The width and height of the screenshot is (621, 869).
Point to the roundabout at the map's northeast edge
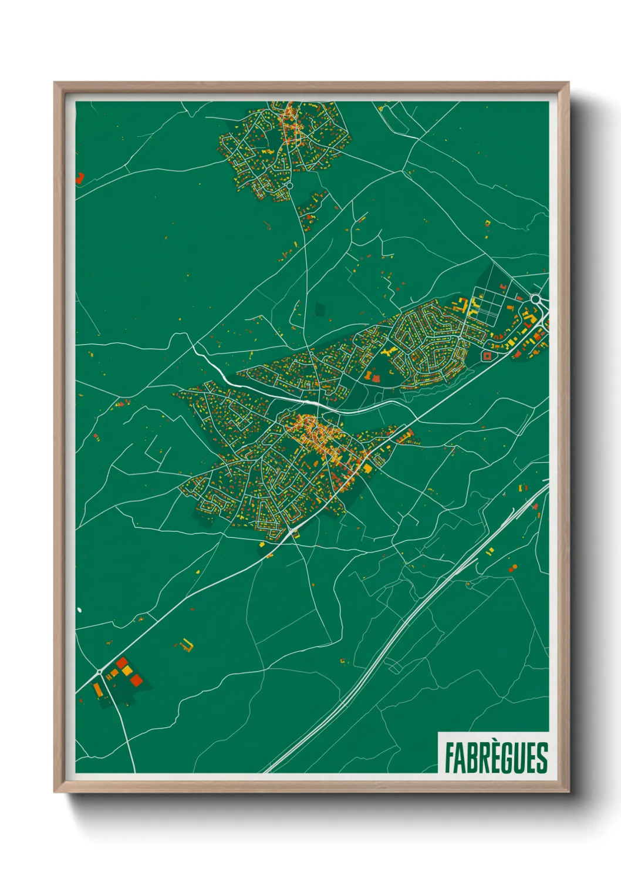pyautogui.click(x=535, y=299)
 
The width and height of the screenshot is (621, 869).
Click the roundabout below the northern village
pyautogui.click(x=289, y=185)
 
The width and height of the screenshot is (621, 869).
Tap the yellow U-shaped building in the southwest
pyautogui.click(x=187, y=645)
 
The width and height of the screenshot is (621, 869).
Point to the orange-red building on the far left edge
pyautogui.click(x=79, y=178)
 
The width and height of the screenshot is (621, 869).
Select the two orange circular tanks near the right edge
pyautogui.click(x=512, y=568)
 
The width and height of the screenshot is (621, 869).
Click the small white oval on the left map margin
pyautogui.click(x=79, y=610)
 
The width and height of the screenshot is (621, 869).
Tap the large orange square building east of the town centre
pyautogui.click(x=368, y=468)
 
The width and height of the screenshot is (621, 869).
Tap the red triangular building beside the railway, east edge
pyautogui.click(x=535, y=507)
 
